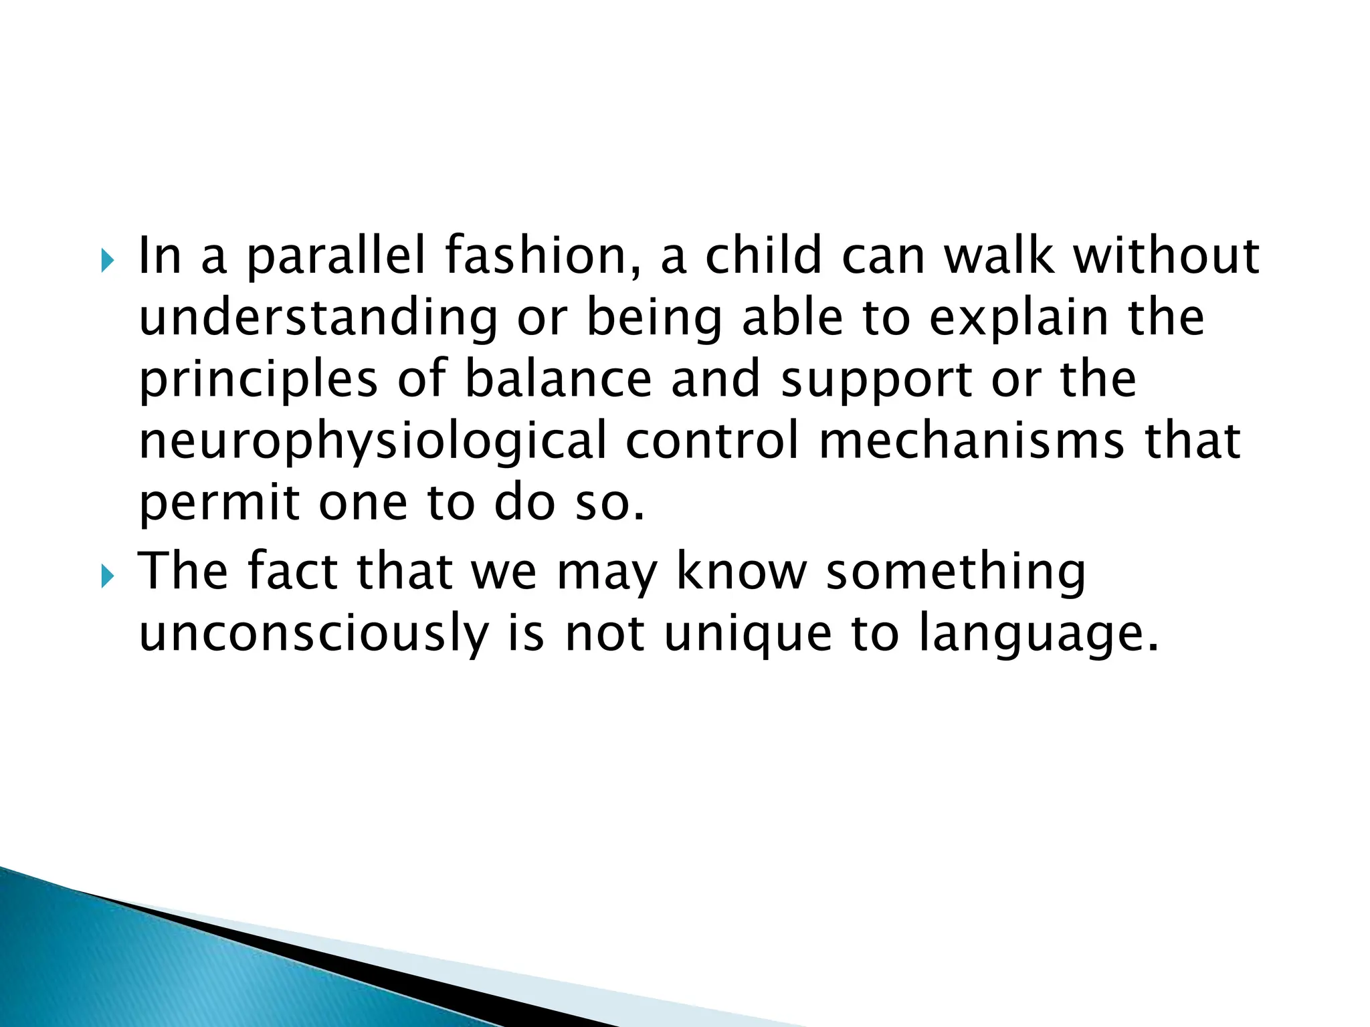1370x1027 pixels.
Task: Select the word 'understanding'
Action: (x=318, y=318)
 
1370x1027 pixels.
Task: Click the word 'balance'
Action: (x=558, y=380)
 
